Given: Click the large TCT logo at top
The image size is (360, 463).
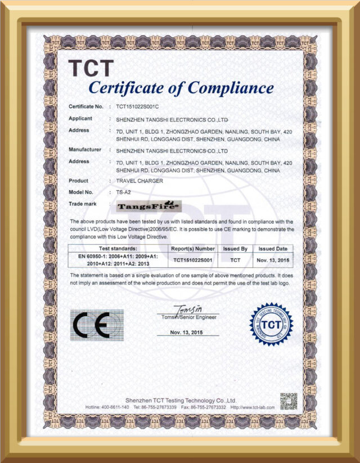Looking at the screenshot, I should click(91, 69).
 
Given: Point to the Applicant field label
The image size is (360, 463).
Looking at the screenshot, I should click(80, 119).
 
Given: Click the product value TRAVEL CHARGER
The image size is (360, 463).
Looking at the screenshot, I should click(139, 181).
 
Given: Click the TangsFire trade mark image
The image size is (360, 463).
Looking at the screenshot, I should click(141, 206).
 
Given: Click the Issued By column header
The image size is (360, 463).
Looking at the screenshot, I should click(236, 248).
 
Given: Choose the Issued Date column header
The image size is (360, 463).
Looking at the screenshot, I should click(273, 248).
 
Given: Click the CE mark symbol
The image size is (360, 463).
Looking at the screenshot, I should click(96, 325).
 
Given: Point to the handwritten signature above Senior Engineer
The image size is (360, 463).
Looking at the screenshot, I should click(189, 309).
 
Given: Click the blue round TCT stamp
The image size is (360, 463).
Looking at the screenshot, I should click(272, 325).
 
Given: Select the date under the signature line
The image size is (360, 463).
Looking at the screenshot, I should click(187, 332).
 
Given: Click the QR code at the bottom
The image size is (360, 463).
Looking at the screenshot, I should click(288, 401).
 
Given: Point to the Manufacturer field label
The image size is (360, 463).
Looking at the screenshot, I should click(85, 150).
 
